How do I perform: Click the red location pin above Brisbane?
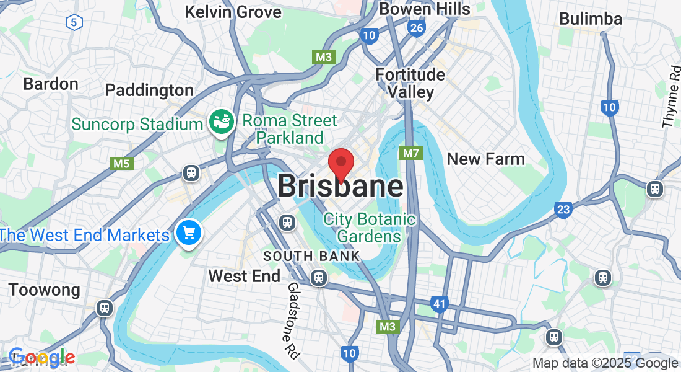(x=340, y=162)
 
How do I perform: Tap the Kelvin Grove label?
(x=233, y=12)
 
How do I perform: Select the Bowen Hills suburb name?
(x=424, y=9)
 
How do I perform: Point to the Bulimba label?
(x=590, y=19)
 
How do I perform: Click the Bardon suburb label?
(x=51, y=84)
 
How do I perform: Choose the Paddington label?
(x=149, y=90)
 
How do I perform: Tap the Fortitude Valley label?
(x=410, y=83)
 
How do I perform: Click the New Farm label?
(x=485, y=159)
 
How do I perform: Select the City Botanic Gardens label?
(x=370, y=228)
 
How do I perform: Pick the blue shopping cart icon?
(x=188, y=233)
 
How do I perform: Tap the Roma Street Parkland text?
(x=290, y=128)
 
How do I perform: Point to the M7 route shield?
(x=411, y=153)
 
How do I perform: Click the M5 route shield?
(x=121, y=164)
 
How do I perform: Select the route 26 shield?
(x=416, y=28)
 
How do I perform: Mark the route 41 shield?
(x=440, y=303)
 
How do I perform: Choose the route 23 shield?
(x=562, y=210)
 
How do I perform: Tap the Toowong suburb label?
(x=44, y=290)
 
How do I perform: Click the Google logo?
(x=41, y=358)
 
